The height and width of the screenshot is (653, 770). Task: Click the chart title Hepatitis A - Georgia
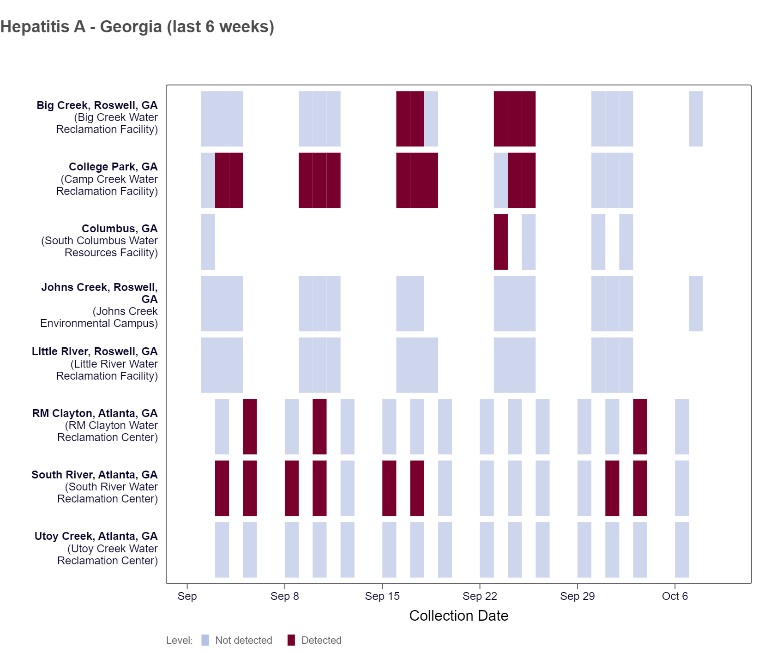137,27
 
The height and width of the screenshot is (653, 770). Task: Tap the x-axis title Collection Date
458,616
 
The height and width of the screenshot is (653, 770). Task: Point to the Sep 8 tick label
284,596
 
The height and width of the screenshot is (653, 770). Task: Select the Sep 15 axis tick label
382,596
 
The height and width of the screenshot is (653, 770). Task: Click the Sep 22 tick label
480,596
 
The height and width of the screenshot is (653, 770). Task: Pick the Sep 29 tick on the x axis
577,596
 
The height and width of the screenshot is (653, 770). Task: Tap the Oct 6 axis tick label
674,596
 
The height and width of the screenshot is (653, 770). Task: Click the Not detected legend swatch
205,640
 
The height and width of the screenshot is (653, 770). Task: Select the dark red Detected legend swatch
291,640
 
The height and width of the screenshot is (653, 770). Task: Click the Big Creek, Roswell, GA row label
97,105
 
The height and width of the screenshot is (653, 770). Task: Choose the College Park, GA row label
113,167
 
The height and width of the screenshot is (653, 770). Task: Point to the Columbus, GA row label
120,229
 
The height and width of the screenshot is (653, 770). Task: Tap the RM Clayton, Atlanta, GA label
95,413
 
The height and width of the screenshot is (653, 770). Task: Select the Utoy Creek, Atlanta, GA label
96,536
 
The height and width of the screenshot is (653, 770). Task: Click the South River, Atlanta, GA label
94,475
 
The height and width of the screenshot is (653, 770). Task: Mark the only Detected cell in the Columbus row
500,242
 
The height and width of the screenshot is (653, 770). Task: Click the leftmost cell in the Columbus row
208,242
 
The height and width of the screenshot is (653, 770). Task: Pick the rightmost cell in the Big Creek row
696,119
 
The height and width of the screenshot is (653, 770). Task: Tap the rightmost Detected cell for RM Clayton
640,427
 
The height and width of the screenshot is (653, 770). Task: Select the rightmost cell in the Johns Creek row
696,303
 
